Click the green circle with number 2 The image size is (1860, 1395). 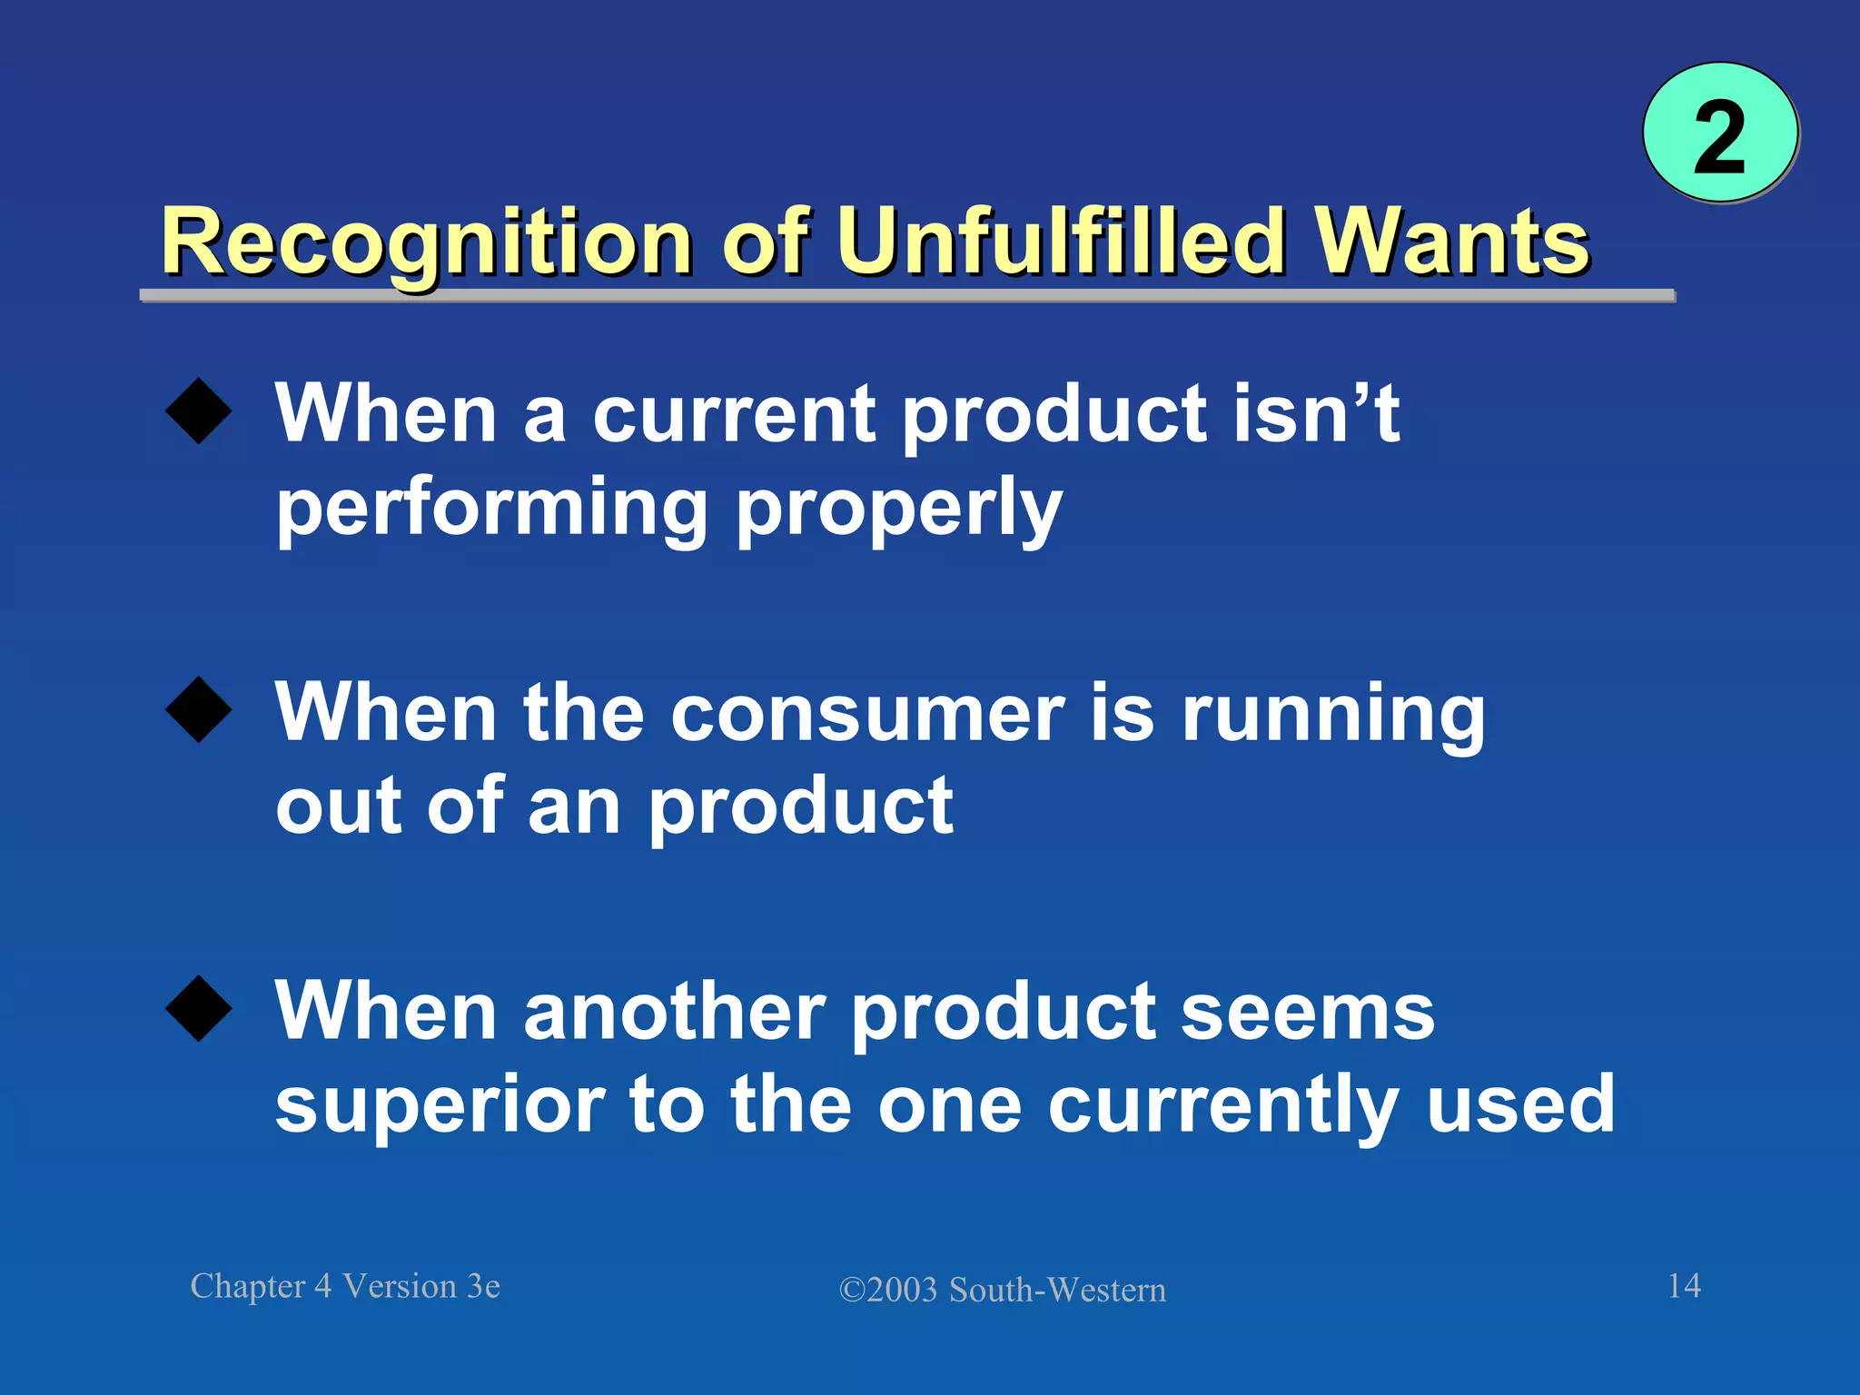tap(1719, 134)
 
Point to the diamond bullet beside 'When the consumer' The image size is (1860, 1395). tap(199, 710)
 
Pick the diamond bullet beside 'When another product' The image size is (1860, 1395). tap(199, 1008)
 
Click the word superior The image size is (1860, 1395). tap(440, 1106)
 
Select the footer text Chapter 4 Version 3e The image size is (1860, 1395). tap(345, 1286)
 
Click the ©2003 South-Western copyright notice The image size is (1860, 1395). tap(1002, 1290)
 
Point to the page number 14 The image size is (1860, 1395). tap(1684, 1285)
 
